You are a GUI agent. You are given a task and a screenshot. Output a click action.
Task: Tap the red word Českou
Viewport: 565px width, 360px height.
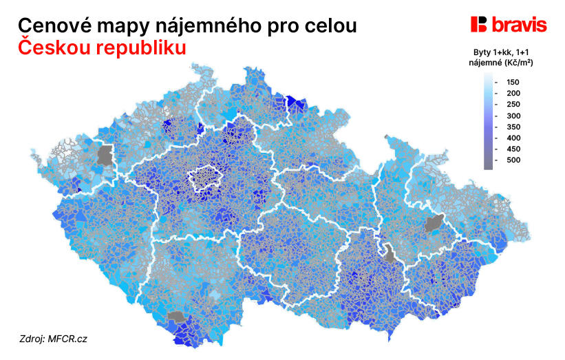coord(54,49)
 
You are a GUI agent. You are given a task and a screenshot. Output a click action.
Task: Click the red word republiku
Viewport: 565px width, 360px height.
coord(142,49)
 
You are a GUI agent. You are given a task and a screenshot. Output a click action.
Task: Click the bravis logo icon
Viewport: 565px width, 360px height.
coord(479,25)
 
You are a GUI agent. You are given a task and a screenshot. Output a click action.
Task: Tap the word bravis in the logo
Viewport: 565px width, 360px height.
coord(520,25)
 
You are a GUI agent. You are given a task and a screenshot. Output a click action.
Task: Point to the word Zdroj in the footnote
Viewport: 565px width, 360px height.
coord(32,339)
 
